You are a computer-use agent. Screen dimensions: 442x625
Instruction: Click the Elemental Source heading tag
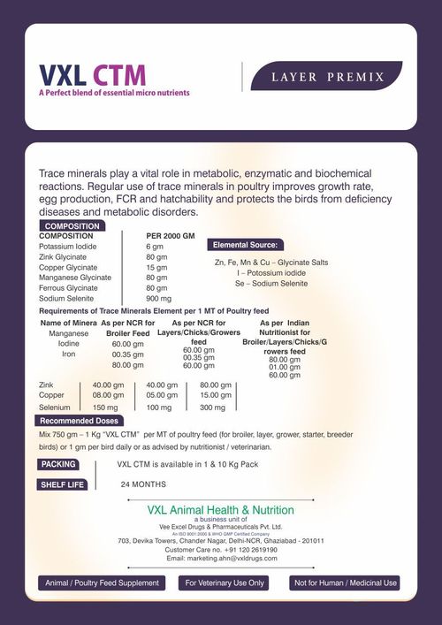[245, 244]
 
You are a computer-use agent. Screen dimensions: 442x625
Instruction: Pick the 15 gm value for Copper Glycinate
[156, 267]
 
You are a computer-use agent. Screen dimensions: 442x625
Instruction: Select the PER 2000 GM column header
[170, 236]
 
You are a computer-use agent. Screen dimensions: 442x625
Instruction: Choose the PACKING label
[58, 464]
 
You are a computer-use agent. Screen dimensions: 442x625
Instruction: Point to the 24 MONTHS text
[143, 484]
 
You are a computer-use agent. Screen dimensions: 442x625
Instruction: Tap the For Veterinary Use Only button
[225, 583]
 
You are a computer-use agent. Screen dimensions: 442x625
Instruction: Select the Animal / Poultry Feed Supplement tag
[102, 583]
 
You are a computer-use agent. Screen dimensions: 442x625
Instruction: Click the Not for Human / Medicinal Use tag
[346, 583]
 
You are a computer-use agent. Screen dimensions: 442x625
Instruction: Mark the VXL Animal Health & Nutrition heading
[221, 510]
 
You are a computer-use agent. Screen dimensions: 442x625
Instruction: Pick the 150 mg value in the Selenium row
[106, 408]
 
